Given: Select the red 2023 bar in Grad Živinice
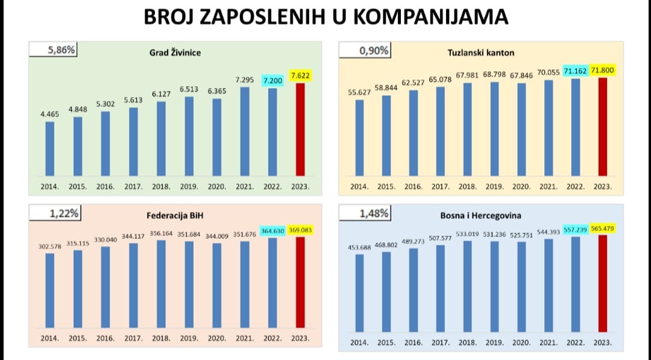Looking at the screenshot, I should click(300, 130).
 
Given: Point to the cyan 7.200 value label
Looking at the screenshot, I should click(272, 80).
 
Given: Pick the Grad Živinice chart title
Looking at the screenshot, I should click(175, 53).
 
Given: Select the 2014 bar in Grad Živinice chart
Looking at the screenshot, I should click(50, 148).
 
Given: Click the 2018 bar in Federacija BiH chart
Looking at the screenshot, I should click(161, 283).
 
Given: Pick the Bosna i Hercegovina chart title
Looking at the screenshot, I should click(480, 215).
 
